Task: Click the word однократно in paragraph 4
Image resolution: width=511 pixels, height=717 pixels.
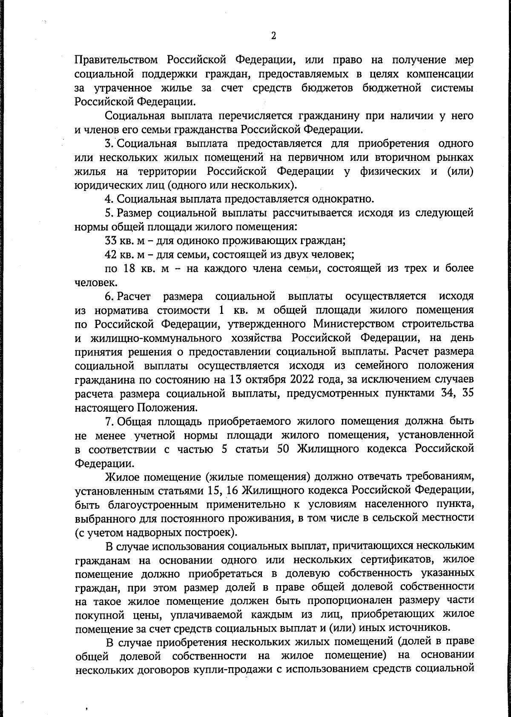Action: click(x=343, y=199)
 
